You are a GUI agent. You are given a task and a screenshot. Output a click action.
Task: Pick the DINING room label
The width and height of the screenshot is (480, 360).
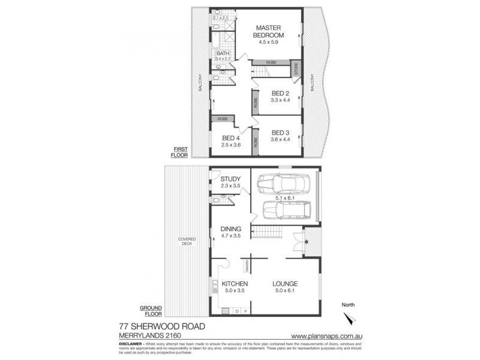(x=230, y=229)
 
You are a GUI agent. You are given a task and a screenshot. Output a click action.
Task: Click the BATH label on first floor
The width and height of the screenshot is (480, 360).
(x=223, y=53)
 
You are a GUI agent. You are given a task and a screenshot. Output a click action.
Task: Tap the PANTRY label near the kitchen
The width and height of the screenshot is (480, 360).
(x=247, y=263)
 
